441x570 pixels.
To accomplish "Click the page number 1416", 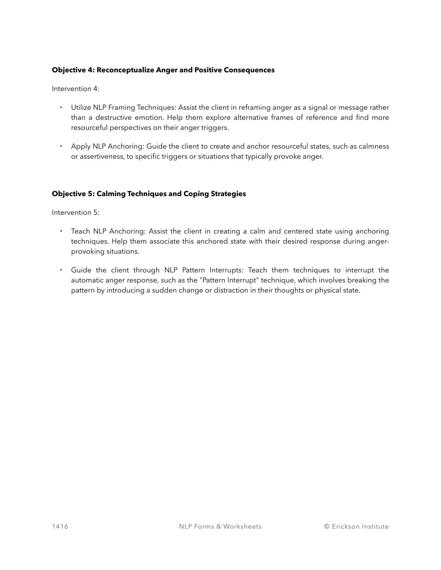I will (x=60, y=526).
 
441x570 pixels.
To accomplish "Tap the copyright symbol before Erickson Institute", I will (x=327, y=526).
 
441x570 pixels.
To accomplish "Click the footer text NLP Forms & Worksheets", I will (x=220, y=526).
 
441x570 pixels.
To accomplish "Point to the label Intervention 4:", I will (x=75, y=89).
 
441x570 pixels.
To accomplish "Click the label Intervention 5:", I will (x=75, y=212).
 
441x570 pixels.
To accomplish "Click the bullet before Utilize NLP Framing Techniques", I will (x=61, y=107).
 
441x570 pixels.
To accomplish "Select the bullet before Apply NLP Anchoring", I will (x=61, y=146).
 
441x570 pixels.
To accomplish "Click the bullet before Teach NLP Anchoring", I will (x=61, y=231).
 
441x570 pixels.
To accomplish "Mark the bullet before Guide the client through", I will (x=61, y=270).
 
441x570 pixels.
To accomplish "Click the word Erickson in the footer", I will (x=346, y=526).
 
